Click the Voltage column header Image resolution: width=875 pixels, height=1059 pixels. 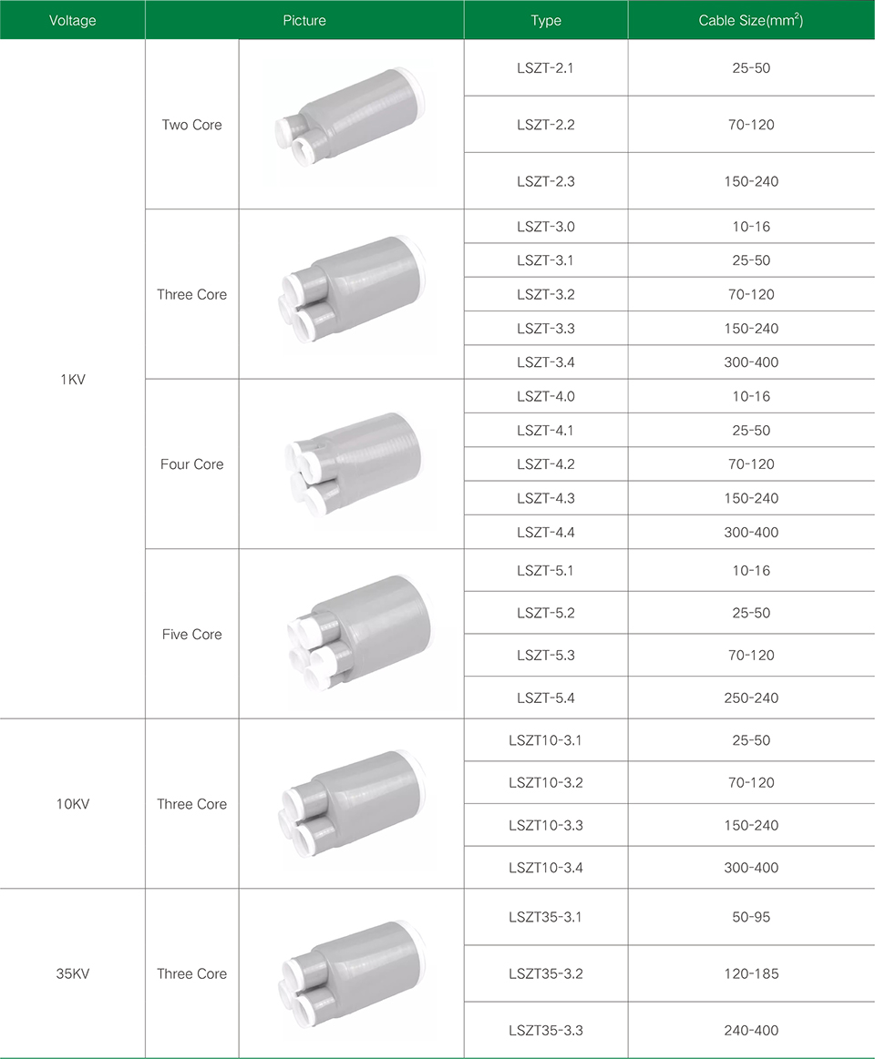[x=72, y=20]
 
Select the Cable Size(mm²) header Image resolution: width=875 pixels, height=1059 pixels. [x=750, y=20]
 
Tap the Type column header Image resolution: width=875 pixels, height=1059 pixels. [x=546, y=20]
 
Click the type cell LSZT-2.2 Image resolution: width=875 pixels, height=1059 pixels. [x=546, y=124]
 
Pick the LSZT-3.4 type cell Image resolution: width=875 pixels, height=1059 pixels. [x=546, y=362]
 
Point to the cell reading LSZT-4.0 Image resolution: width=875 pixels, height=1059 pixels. [x=546, y=396]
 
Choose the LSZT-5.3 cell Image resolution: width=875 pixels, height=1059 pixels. [x=546, y=655]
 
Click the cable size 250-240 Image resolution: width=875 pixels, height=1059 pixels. [x=750, y=698]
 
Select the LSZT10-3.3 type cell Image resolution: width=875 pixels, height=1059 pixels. [x=546, y=825]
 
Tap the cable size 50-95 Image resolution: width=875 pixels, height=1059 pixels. [x=750, y=916]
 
